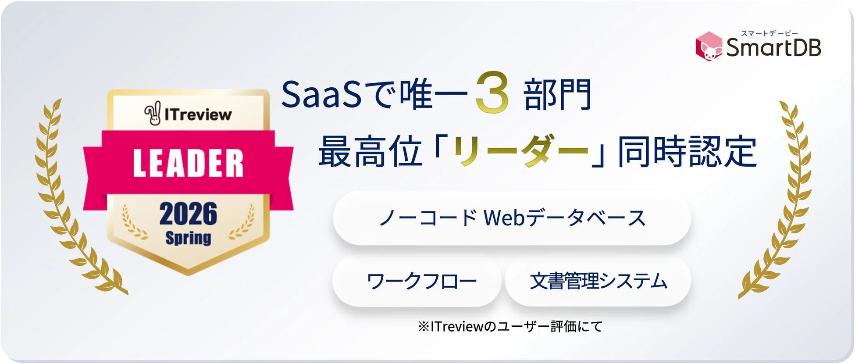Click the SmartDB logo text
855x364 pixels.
773,48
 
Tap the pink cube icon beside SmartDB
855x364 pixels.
709,46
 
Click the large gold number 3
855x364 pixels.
492,93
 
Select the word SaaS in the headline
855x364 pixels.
321,94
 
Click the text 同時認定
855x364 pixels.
687,152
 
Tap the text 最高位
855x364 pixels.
370,152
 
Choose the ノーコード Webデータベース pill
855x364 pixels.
512,218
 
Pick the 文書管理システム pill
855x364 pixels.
598,281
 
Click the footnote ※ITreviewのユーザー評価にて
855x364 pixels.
510,326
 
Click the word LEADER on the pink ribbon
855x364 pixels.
188,163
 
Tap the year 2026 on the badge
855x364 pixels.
188,214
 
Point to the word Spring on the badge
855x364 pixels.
188,238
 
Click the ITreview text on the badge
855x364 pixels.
198,114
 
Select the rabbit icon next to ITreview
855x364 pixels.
153,114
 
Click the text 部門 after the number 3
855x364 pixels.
558,94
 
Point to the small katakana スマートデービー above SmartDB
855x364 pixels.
769,33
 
